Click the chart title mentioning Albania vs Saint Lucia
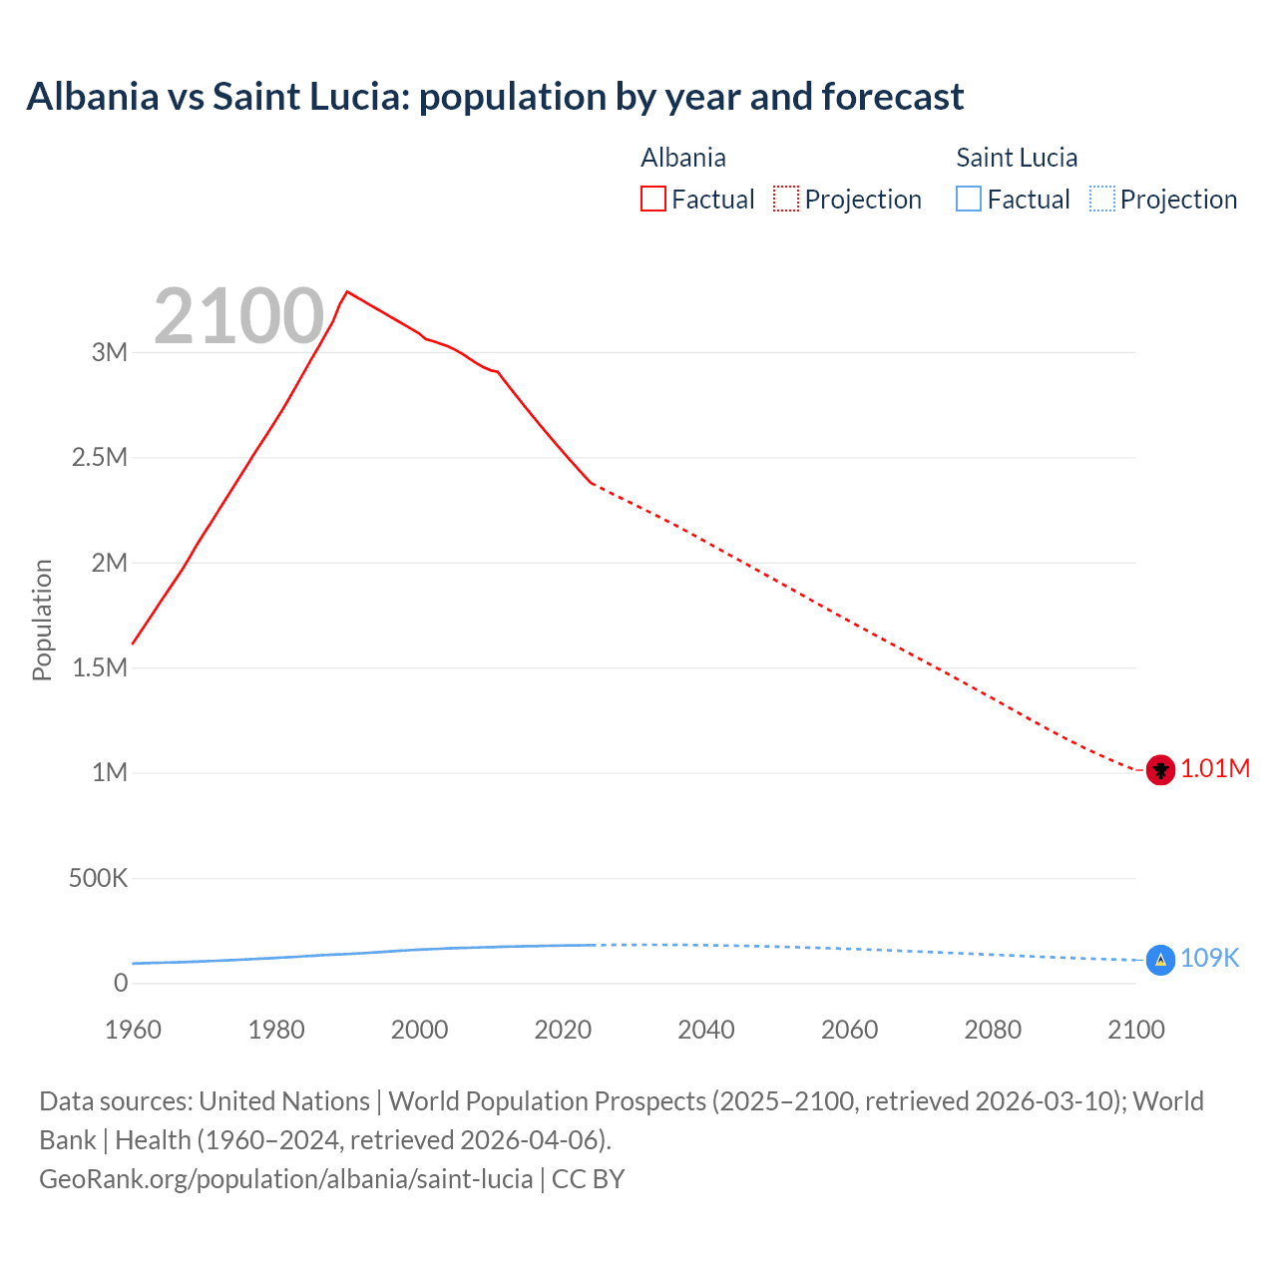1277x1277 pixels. click(495, 97)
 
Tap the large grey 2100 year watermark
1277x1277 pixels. click(238, 316)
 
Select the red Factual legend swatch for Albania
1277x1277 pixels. click(652, 199)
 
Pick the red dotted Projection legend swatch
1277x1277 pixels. click(786, 199)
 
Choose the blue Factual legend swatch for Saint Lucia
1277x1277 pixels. click(969, 199)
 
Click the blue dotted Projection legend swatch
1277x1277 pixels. click(1101, 199)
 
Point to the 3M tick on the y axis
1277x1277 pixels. click(110, 352)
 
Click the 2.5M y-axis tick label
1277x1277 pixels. click(100, 458)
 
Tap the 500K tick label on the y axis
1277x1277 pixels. click(98, 879)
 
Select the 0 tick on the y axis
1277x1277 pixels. click(121, 984)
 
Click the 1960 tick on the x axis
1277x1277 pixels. click(133, 1030)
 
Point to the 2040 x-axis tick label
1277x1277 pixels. click(706, 1030)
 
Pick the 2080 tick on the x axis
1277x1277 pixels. click(993, 1030)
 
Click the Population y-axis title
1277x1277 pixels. click(42, 620)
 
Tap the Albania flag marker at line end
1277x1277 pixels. click(1160, 770)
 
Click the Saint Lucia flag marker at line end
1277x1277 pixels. click(1160, 960)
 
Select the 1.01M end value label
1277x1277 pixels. click(1215, 769)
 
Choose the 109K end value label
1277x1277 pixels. click(1209, 959)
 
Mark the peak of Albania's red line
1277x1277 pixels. click(347, 291)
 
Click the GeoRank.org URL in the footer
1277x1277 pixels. click(285, 1179)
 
